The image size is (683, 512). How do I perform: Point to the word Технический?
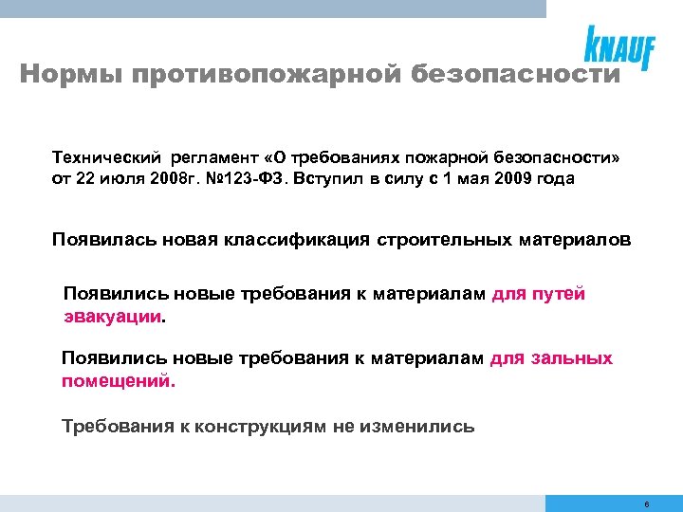tap(106, 156)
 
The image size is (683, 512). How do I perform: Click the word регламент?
tap(217, 156)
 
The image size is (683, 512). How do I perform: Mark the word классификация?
tap(300, 240)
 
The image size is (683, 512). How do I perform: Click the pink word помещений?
tap(118, 381)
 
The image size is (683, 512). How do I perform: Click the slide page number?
tap(645, 504)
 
